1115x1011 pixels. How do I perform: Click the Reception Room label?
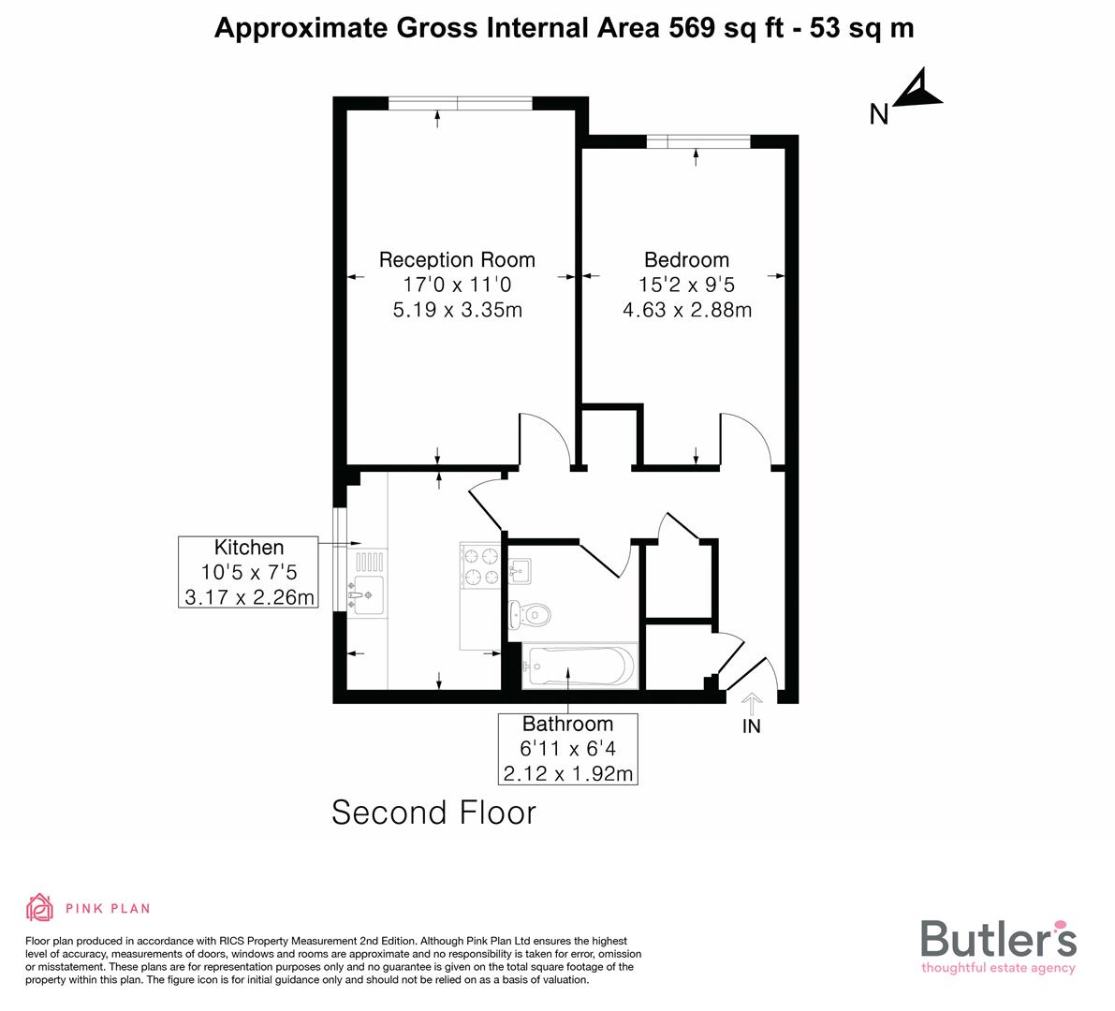point(457,260)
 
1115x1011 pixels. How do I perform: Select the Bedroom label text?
point(686,260)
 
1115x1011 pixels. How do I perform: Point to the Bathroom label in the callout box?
point(567,725)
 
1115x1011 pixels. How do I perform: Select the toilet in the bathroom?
point(531,614)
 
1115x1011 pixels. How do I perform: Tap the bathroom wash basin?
point(521,570)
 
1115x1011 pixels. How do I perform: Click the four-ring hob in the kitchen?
point(480,566)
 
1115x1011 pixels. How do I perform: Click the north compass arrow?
point(917,91)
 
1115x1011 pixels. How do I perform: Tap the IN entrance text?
point(752,726)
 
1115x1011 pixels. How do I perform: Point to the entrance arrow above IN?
point(752,702)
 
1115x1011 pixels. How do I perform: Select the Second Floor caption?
point(433,813)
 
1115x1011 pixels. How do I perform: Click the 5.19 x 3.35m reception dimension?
point(457,309)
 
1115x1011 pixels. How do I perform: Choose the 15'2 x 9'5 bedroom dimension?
point(686,285)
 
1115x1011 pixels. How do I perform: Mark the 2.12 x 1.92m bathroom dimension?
point(567,773)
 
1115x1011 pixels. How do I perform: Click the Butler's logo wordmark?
point(998,939)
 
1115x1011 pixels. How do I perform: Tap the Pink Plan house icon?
point(40,907)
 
